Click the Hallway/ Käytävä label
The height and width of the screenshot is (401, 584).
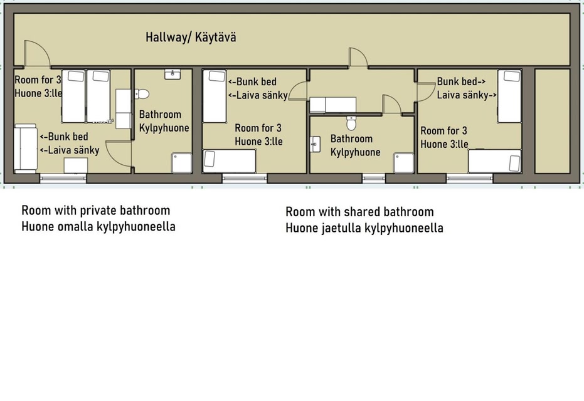coord(191,38)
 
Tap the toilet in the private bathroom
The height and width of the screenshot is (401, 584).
coord(142,94)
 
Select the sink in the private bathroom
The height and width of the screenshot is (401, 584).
coord(173,74)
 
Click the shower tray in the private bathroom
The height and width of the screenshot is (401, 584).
coord(182,163)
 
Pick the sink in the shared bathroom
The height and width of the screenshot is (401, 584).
coord(315,144)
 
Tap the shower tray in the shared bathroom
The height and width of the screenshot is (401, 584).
coord(404,163)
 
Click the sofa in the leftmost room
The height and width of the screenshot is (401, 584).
coord(25,148)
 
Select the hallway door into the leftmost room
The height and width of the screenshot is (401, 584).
coord(37,54)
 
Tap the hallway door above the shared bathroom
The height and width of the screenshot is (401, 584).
coord(358,58)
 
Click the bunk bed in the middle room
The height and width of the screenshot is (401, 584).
coord(215,96)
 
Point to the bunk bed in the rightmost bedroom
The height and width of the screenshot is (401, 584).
coord(509,96)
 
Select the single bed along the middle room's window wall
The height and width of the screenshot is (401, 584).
coord(230,161)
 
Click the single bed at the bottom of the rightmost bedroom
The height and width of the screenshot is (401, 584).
coord(494,161)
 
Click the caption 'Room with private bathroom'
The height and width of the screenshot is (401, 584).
coord(96,211)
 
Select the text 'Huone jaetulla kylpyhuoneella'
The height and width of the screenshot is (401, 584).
coord(364,228)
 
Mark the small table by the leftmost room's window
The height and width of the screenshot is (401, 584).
coord(76,165)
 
